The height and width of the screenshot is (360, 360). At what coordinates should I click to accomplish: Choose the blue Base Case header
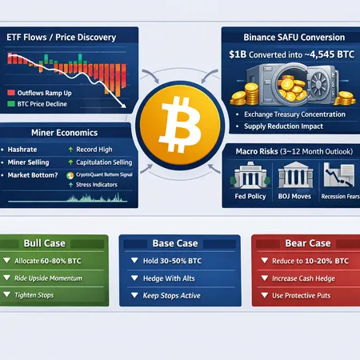pos(179,243)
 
